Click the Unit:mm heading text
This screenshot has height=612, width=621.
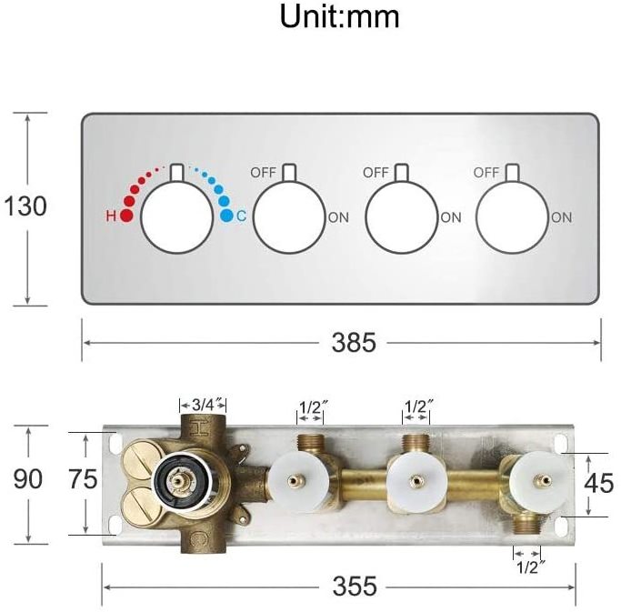tap(339, 15)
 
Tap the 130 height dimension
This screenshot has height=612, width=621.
tap(25, 206)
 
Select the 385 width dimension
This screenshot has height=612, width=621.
tap(354, 342)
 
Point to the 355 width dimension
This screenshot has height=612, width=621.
tap(355, 586)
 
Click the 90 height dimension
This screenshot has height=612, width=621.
tap(27, 479)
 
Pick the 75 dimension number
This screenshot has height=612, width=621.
tap(83, 479)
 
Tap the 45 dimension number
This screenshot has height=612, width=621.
tap(599, 483)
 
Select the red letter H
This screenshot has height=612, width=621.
tap(111, 216)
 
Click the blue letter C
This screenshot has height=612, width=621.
tap(241, 216)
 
